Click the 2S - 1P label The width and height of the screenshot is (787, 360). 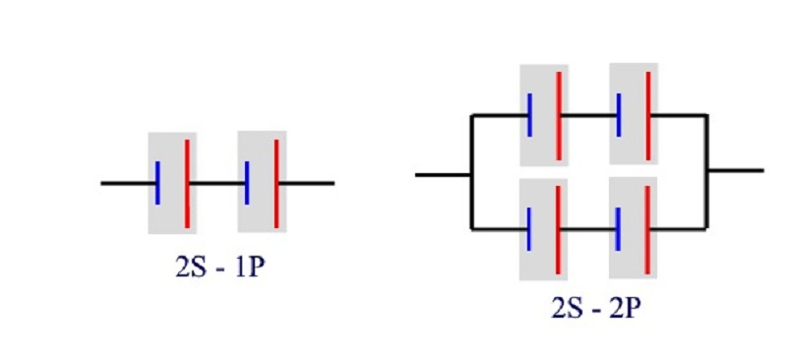coord(219,268)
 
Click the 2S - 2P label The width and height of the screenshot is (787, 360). coord(596,308)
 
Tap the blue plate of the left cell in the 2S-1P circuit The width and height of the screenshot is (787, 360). coord(157,183)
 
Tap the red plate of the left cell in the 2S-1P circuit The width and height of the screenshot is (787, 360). coord(187,184)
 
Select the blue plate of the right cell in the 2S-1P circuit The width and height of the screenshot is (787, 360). coord(247,183)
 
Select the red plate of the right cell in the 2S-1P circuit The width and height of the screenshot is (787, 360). coord(276,184)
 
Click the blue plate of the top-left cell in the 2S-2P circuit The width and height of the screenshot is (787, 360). coord(529,114)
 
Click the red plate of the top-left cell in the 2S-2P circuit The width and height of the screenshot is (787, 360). coord(559,116)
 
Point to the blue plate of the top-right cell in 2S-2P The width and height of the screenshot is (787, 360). coord(619,114)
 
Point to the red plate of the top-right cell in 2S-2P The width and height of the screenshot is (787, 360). coord(648,116)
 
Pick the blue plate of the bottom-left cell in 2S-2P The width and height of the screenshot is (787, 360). coord(529,229)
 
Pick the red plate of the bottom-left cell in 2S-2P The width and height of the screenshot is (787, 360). coord(558,230)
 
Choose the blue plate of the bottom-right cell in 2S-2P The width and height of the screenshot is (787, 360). coord(619,229)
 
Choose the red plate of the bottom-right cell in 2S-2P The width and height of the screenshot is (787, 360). coord(647,230)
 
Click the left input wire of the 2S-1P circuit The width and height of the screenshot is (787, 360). coord(128,183)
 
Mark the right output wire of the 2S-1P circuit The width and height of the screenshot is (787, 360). coord(307,183)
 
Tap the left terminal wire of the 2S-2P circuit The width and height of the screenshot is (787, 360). coord(443,175)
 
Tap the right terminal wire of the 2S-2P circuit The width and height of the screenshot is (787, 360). coord(736,170)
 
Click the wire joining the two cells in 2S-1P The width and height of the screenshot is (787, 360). coord(217,183)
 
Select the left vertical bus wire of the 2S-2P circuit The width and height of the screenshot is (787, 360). coord(472,172)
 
